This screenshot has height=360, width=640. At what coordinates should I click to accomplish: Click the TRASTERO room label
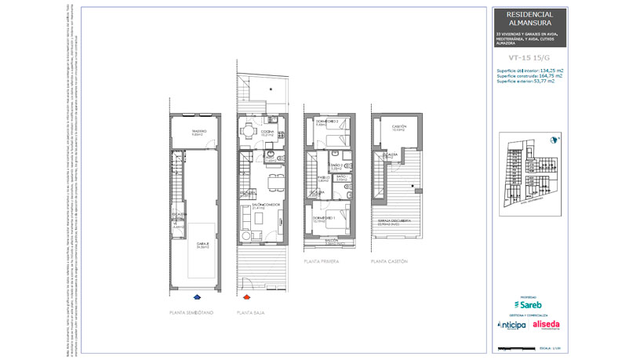pyautogui.click(x=197, y=131)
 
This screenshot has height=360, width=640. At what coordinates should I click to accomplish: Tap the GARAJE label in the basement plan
pyautogui.click(x=202, y=244)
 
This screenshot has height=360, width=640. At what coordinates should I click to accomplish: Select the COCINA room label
pyautogui.click(x=267, y=131)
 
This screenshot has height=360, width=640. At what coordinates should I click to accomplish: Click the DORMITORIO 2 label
pyautogui.click(x=326, y=122)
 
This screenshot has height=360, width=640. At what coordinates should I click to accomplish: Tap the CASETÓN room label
pyautogui.click(x=399, y=126)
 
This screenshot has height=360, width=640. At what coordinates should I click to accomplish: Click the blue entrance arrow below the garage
pyautogui.click(x=196, y=297)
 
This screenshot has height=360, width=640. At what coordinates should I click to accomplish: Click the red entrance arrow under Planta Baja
pyautogui.click(x=246, y=297)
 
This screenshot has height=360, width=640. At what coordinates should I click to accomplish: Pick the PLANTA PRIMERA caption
pyautogui.click(x=322, y=261)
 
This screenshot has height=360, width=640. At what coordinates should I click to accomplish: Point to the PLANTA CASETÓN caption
pyautogui.click(x=390, y=261)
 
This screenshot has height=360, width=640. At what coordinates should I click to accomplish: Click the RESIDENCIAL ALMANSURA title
pyautogui.click(x=529, y=19)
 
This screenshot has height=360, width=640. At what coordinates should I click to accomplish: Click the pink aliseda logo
pyautogui.click(x=546, y=325)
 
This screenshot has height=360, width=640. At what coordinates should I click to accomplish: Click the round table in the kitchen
pyautogui.click(x=249, y=130)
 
